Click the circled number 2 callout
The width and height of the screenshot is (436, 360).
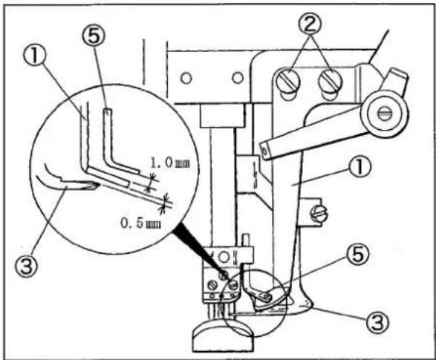click(x=310, y=24)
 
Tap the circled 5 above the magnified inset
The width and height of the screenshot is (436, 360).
click(x=94, y=36)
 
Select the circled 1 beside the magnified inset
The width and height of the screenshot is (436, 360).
click(x=35, y=56)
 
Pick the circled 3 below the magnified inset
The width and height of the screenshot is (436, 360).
click(x=26, y=266)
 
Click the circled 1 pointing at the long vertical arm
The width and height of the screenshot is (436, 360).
click(x=359, y=167)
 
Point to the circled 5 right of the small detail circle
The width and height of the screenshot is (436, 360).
click(x=357, y=255)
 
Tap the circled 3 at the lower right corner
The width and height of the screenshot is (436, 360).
click(x=377, y=322)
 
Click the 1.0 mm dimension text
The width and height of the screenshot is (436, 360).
click(x=170, y=163)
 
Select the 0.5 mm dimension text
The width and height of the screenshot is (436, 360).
click(x=140, y=223)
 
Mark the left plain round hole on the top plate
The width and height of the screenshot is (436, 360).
click(x=186, y=78)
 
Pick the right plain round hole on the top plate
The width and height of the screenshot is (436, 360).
click(x=238, y=77)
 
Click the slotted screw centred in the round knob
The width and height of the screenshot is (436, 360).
click(x=384, y=113)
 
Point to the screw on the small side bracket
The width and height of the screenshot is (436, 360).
click(x=319, y=214)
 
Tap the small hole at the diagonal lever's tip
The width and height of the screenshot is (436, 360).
click(x=264, y=152)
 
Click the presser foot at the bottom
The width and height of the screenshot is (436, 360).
click(x=223, y=335)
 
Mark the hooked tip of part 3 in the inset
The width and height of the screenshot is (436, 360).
click(x=94, y=186)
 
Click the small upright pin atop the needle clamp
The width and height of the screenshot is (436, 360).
click(x=247, y=240)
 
